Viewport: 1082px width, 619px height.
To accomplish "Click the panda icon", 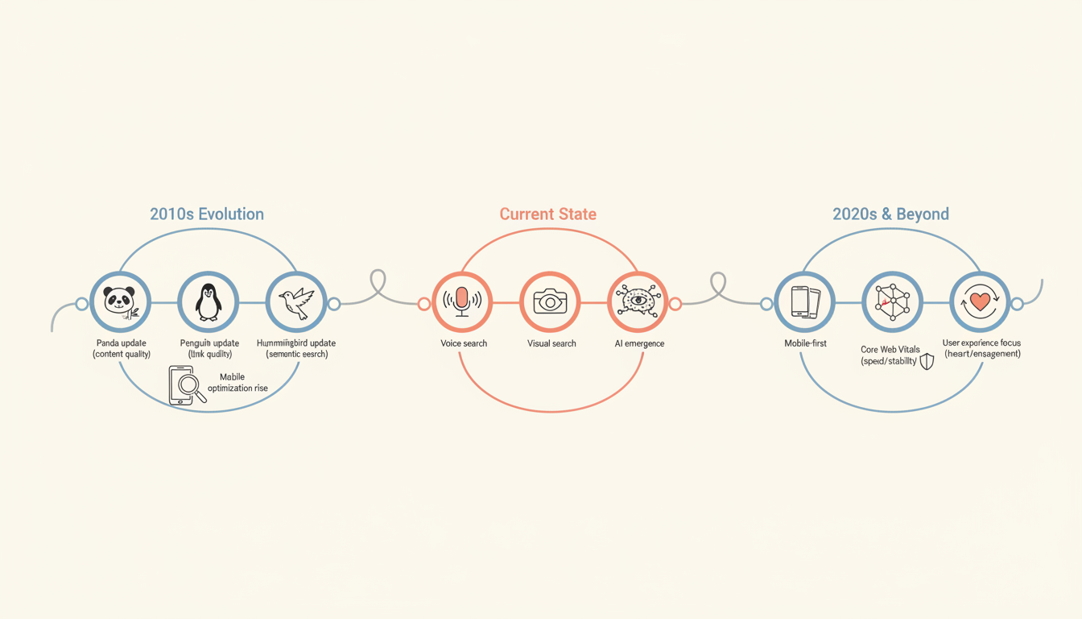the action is pyautogui.click(x=120, y=302).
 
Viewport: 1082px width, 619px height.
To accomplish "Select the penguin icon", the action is pyautogui.click(x=208, y=302).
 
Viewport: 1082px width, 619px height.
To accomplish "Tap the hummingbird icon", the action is pyautogui.click(x=295, y=302).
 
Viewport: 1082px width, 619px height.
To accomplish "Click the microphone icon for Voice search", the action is pyautogui.click(x=462, y=302).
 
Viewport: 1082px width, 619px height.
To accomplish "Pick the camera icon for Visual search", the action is pyautogui.click(x=550, y=302).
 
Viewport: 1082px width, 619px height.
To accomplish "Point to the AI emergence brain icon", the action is pyautogui.click(x=638, y=302).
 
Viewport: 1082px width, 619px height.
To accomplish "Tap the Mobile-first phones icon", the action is pyautogui.click(x=804, y=302).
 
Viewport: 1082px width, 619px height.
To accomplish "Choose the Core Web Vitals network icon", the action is pyautogui.click(x=892, y=302).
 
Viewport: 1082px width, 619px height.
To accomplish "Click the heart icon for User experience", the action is pyautogui.click(x=980, y=302).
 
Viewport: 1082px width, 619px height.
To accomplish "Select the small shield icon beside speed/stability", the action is pyautogui.click(x=927, y=361).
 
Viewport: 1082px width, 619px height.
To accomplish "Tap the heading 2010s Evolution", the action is pyautogui.click(x=207, y=214).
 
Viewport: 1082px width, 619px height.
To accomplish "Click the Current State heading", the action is pyautogui.click(x=548, y=214).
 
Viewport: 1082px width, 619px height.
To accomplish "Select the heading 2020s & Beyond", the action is pyautogui.click(x=890, y=214).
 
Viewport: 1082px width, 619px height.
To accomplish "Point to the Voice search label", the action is pyautogui.click(x=464, y=343).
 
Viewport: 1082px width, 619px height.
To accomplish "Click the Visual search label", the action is pyautogui.click(x=551, y=343).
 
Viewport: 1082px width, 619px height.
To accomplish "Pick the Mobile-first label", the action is pyautogui.click(x=805, y=343).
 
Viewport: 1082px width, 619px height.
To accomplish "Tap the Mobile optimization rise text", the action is pyautogui.click(x=237, y=383).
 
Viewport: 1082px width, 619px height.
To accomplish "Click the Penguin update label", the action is pyautogui.click(x=209, y=343).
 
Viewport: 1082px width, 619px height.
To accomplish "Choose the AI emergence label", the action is pyautogui.click(x=639, y=343).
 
